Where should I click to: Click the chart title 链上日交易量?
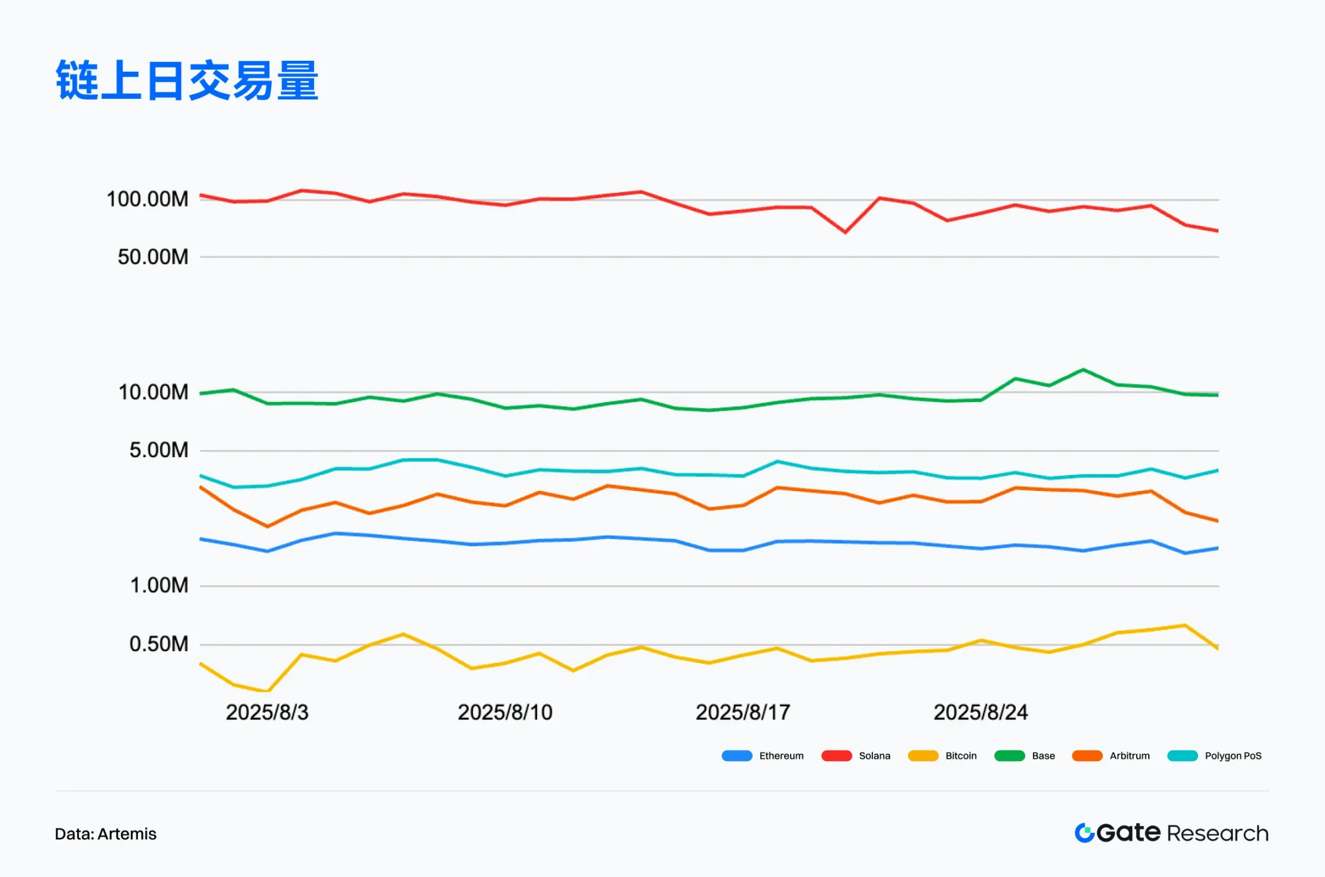(187, 80)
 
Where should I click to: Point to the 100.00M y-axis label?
(147, 199)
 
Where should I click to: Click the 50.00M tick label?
(153, 257)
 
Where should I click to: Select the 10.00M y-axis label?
(153, 392)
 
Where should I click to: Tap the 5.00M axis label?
(158, 450)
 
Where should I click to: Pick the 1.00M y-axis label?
(159, 585)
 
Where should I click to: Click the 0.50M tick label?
(158, 644)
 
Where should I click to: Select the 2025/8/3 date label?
(267, 712)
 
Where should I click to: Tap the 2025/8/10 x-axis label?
(505, 712)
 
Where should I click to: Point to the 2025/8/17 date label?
(743, 712)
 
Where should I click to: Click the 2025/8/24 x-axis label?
(980, 712)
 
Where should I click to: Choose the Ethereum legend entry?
(763, 755)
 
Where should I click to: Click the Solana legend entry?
(856, 755)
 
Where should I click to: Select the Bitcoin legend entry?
(943, 755)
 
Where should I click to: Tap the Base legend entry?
(1025, 755)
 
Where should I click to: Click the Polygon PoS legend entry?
(1215, 755)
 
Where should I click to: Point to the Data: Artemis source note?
(106, 833)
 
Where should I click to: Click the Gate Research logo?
(1171, 833)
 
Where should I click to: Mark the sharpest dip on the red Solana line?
(845, 232)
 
